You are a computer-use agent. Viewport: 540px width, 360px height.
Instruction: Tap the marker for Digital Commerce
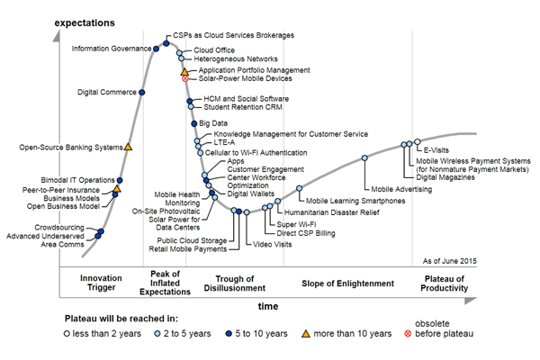(x=142, y=92)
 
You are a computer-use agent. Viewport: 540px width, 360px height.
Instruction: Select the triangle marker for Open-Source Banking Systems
(x=128, y=146)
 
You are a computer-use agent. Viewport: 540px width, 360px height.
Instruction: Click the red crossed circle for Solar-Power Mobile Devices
(x=185, y=79)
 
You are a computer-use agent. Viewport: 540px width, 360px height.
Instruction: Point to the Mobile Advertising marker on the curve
(x=364, y=158)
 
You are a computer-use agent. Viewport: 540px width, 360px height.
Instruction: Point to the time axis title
(x=268, y=306)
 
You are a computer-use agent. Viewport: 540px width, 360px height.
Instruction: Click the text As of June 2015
(x=449, y=260)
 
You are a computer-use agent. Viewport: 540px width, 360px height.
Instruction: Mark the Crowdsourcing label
(x=61, y=227)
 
